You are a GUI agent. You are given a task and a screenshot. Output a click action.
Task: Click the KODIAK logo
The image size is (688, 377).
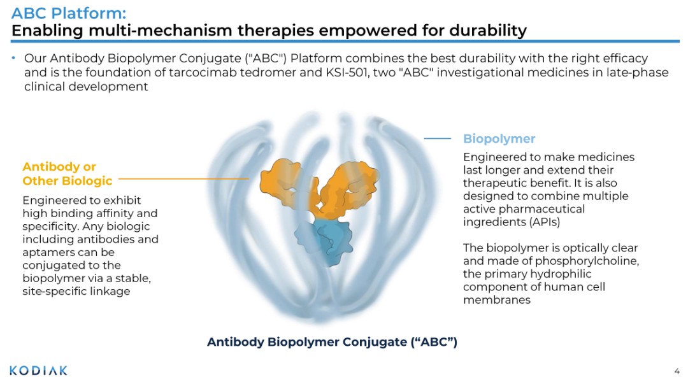(x=39, y=371)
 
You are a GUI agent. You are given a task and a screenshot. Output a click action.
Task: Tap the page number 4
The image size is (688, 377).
(x=677, y=371)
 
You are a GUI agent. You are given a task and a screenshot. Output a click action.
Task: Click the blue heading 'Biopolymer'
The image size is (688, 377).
(x=499, y=139)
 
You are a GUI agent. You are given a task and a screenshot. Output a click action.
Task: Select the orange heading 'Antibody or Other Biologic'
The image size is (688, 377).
(x=67, y=174)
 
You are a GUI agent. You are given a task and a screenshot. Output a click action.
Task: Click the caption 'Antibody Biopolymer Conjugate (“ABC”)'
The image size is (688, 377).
(x=332, y=342)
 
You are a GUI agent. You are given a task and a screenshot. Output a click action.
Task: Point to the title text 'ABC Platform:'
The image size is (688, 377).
(x=69, y=13)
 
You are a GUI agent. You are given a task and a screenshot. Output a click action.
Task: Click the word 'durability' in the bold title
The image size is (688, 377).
(x=488, y=31)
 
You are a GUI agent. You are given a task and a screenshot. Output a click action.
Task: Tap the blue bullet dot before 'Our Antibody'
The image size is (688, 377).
(x=14, y=58)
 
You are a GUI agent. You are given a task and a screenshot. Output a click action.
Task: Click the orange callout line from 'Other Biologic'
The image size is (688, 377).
(x=184, y=178)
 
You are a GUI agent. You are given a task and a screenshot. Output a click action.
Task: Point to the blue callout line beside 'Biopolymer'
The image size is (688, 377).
(x=438, y=139)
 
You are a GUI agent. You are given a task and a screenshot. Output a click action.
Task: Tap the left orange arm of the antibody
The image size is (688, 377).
(x=287, y=184)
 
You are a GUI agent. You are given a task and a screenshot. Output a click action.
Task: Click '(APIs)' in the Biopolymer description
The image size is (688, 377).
(x=545, y=222)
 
